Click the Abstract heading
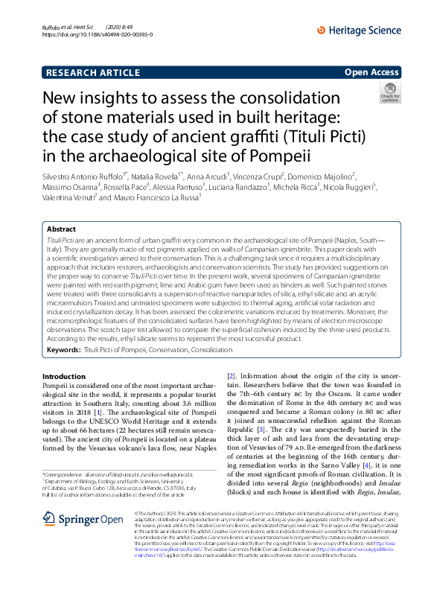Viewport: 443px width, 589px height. point(61,230)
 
